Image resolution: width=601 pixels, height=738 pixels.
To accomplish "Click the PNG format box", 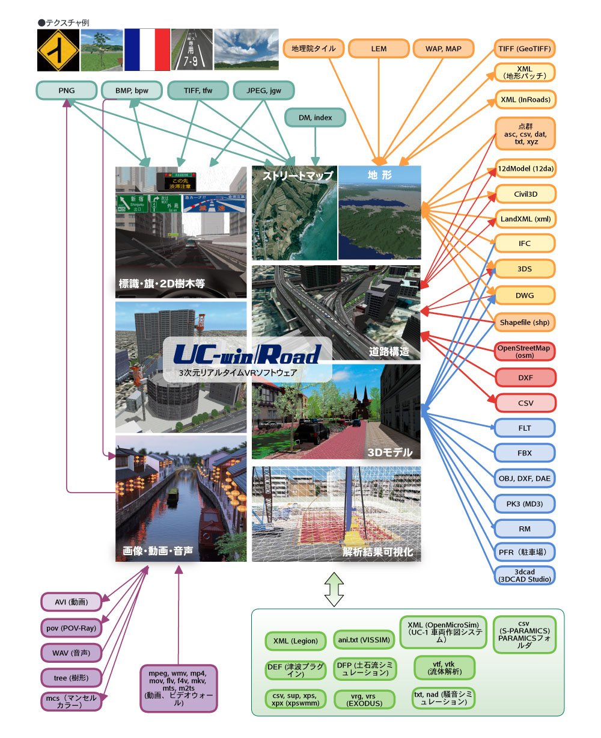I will point(67,91).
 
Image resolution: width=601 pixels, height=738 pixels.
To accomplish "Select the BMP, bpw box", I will point(132,91).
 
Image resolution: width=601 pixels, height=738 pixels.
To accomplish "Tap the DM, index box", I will point(315,118).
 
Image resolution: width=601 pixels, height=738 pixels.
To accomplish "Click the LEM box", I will point(379,49).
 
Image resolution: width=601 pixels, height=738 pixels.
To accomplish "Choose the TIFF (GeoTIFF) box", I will point(524,49).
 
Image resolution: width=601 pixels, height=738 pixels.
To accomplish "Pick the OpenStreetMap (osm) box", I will point(524,352).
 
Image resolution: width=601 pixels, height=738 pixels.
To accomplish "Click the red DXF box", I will point(525,378).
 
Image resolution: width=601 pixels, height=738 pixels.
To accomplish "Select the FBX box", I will point(525,453).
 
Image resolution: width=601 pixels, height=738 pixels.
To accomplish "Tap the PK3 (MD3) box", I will point(525,503).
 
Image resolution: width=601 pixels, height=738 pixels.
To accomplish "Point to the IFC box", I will point(525,244).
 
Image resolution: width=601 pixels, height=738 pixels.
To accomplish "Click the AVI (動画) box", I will point(71,602).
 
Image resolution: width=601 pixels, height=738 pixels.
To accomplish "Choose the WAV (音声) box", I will point(71,653).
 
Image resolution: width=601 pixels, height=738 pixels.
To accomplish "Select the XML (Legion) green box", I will point(295,641).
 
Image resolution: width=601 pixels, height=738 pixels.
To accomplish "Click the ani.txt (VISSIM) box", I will point(364,640).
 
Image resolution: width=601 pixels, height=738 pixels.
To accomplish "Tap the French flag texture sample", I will point(147,49).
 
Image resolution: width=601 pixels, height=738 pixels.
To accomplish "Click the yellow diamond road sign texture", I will point(58,50).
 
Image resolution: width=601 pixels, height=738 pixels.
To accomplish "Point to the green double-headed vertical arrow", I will point(334,589).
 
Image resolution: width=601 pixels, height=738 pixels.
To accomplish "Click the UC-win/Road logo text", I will point(247,355).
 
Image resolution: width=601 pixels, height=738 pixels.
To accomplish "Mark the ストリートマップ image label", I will point(297,176).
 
